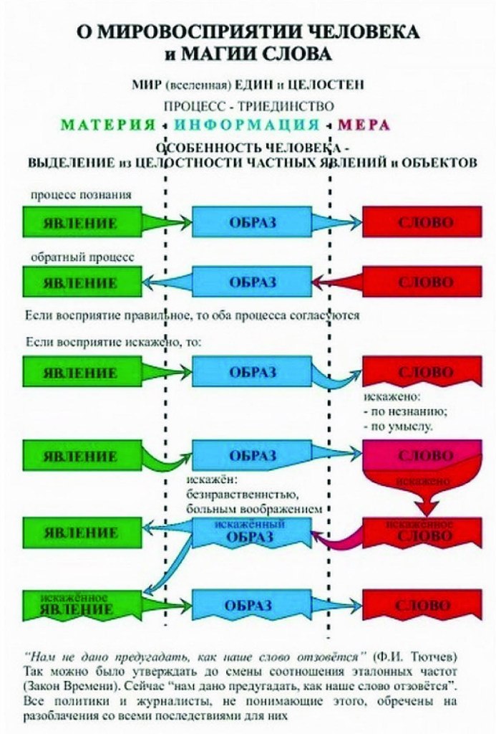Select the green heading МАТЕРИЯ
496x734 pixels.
click(107, 125)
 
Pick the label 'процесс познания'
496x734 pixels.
click(81, 194)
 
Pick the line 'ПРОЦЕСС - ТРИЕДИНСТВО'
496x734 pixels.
click(248, 105)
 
